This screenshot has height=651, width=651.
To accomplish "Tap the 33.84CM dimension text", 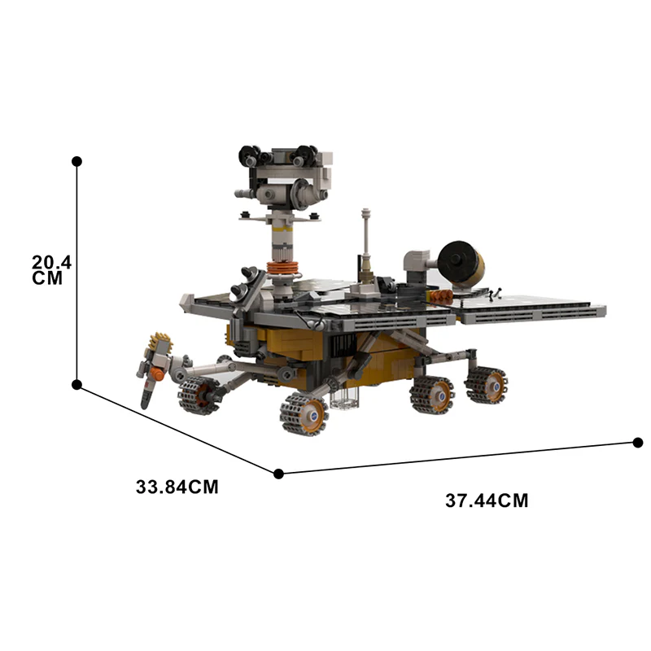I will pos(177,487).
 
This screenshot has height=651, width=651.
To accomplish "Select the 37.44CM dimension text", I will pos(487,500).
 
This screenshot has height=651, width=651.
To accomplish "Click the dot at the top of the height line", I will pos(77,162).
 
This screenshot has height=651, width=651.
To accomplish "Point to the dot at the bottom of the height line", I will pos(77,384).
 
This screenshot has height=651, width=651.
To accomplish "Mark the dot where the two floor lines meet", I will pos(279,473).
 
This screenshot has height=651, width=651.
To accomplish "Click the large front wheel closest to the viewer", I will pos(303,413).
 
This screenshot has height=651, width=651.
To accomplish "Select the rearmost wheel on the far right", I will pos(486,385).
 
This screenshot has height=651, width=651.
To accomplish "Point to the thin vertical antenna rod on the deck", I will pos(366,240).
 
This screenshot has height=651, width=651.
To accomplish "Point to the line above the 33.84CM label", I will pos(179,429).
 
